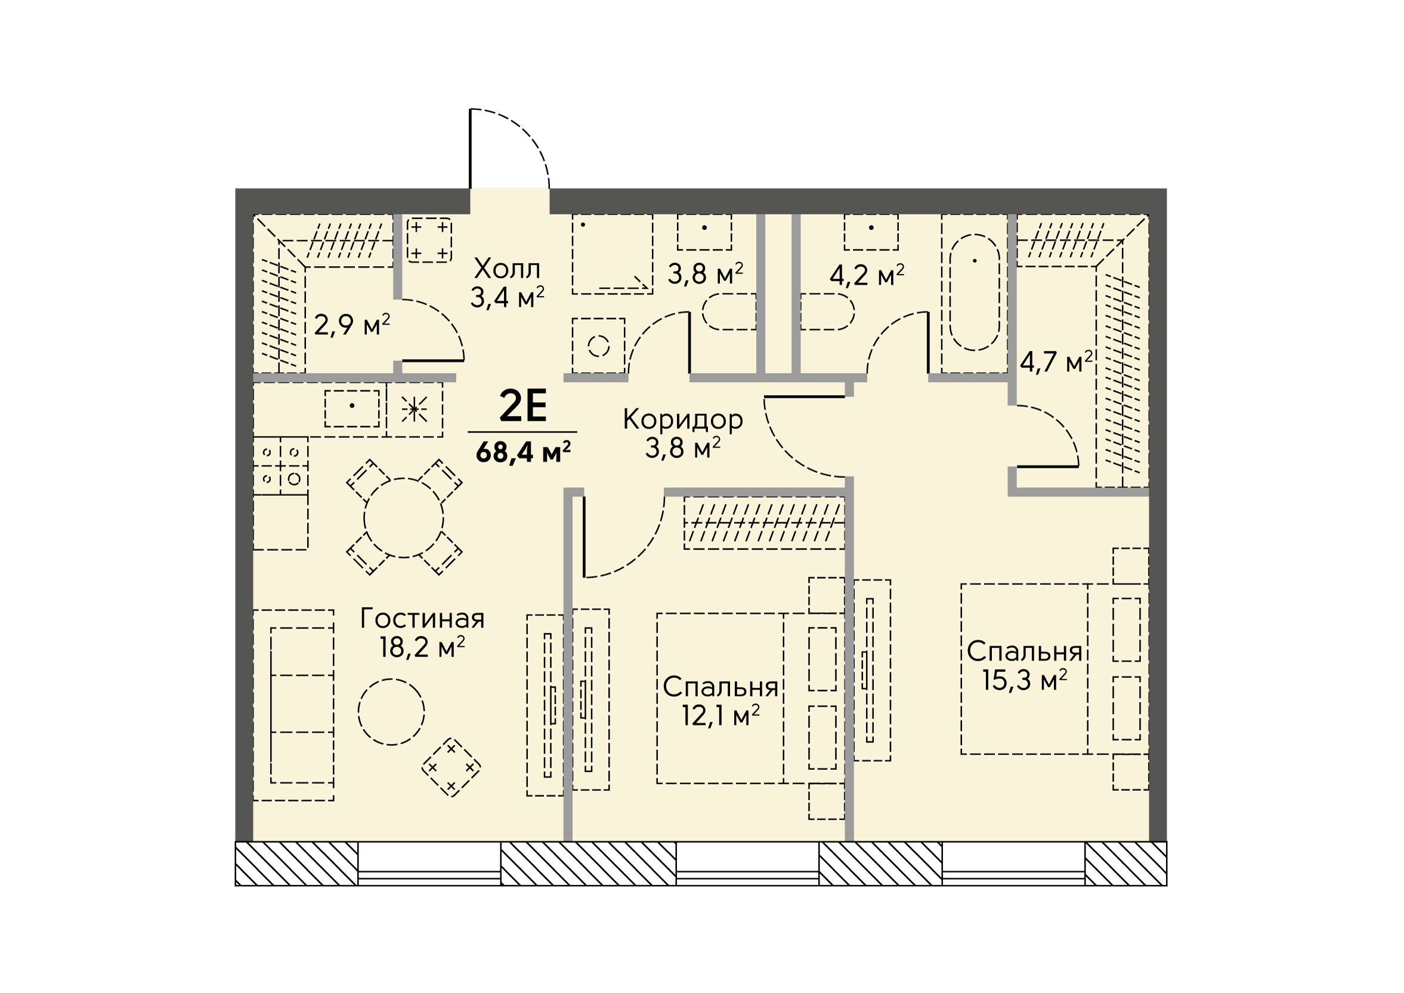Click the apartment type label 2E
click(523, 407)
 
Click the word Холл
click(507, 269)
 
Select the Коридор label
click(683, 420)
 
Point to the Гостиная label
click(422, 619)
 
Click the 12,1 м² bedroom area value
click(721, 715)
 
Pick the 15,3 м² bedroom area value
click(1025, 680)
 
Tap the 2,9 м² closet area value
click(352, 324)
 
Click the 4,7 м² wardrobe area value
click(1056, 362)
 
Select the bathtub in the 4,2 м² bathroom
click(975, 292)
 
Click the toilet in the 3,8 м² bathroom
click(729, 312)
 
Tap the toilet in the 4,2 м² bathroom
click(827, 312)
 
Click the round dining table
click(404, 517)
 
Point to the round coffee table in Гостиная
click(391, 711)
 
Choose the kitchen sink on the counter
click(352, 409)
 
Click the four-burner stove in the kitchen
click(281, 465)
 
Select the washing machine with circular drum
click(599, 346)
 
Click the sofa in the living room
click(293, 705)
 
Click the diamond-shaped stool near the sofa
click(451, 767)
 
